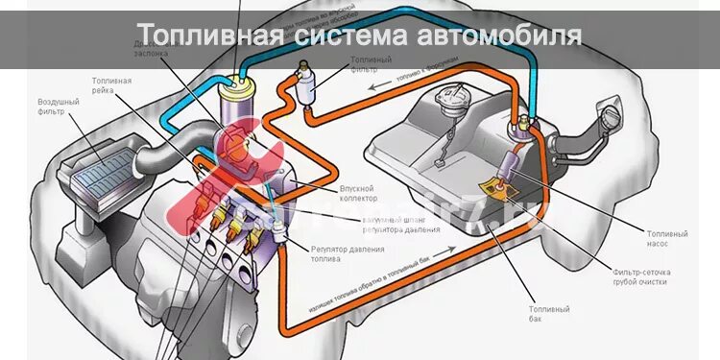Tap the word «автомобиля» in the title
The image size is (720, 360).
point(500,36)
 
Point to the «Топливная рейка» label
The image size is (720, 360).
point(111,86)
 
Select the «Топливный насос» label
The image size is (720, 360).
point(668,238)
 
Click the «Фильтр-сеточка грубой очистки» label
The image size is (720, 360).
point(641,277)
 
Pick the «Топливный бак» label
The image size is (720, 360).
point(549,314)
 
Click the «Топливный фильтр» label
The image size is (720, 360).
point(370,64)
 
